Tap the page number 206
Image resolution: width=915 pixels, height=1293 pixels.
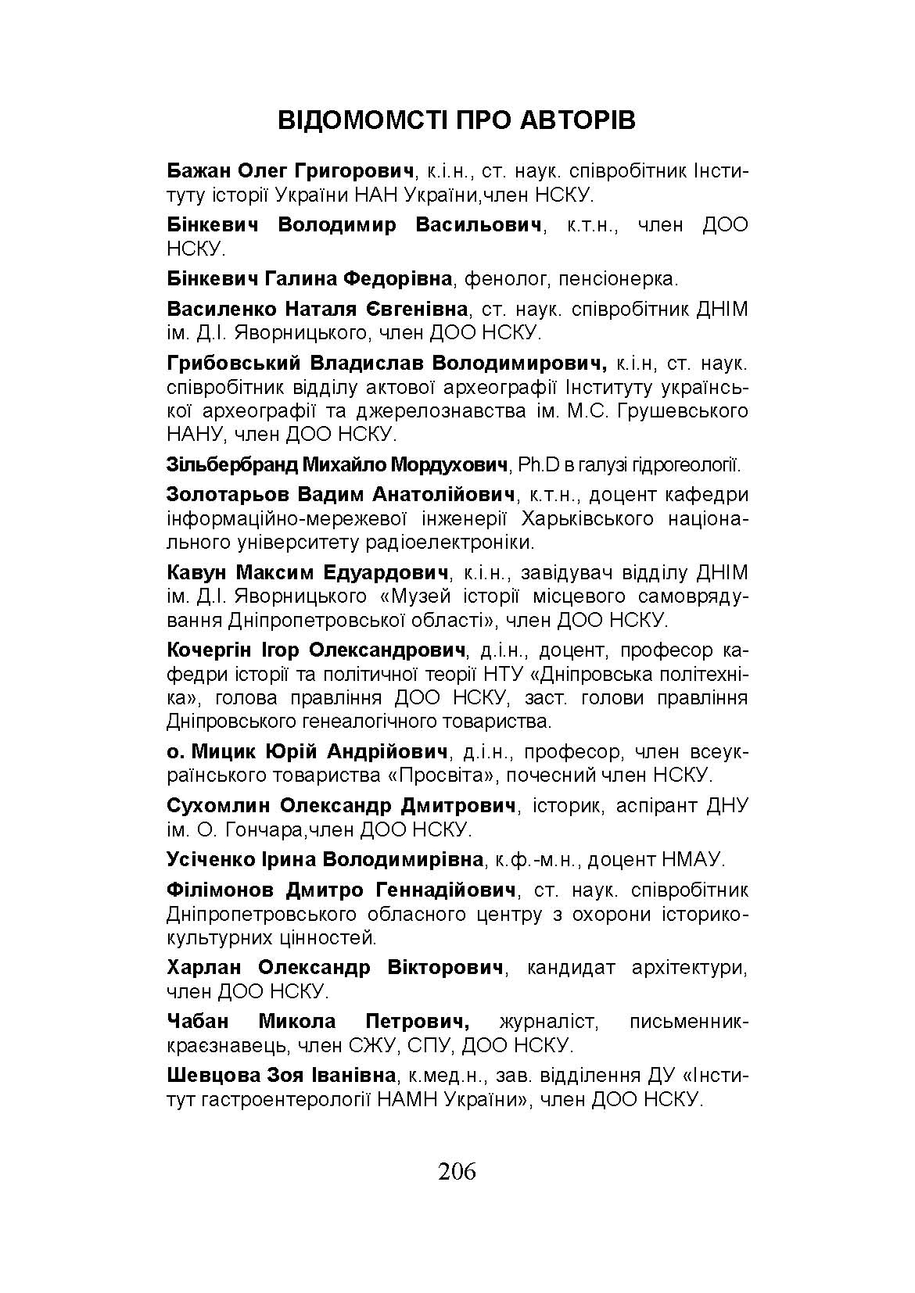click(457, 1171)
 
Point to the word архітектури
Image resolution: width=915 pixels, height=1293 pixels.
click(688, 967)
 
